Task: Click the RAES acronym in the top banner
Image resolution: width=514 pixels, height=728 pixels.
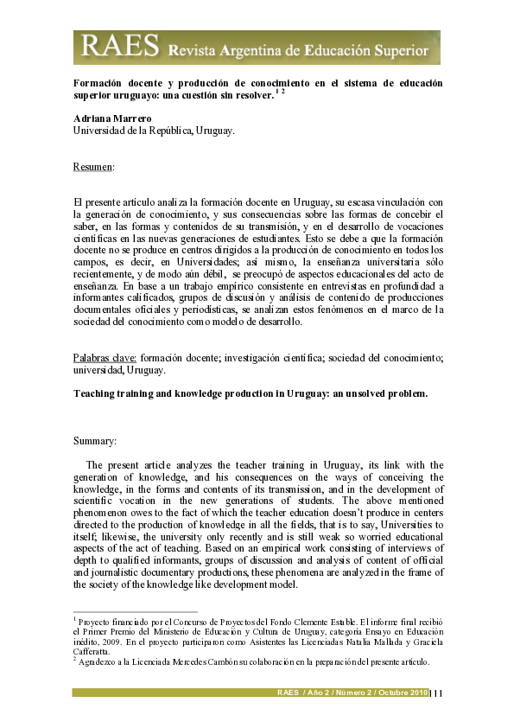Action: [105, 47]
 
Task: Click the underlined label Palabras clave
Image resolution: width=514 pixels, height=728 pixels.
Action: [105, 357]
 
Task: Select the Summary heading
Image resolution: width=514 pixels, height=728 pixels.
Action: [95, 441]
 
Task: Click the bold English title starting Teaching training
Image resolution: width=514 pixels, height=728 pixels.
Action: [251, 393]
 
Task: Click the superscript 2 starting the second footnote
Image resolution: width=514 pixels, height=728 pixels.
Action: [75, 660]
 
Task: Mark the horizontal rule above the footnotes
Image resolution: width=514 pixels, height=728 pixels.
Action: [135, 610]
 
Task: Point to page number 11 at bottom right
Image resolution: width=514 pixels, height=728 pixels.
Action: [437, 693]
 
